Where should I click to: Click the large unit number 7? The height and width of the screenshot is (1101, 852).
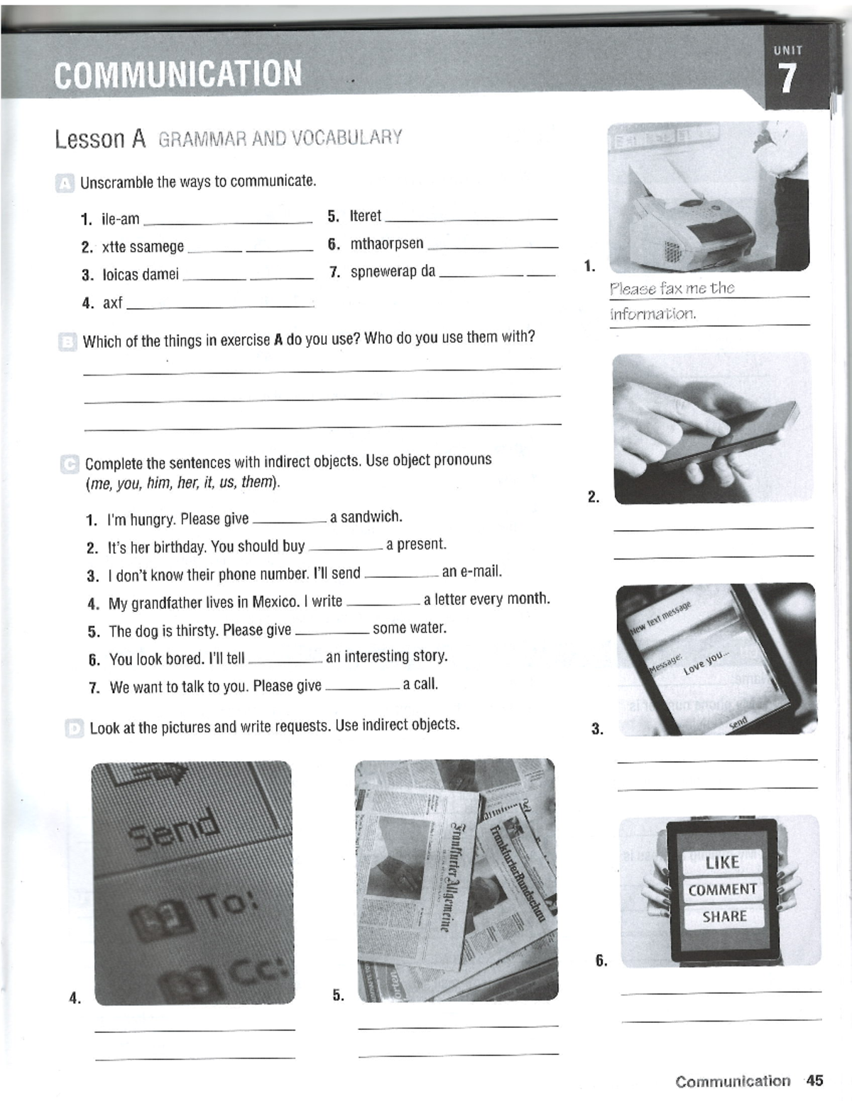(786, 78)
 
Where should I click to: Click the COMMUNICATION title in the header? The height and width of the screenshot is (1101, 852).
(177, 74)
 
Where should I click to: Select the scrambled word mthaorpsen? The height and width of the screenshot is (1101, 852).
(386, 243)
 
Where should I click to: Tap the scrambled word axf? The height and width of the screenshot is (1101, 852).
(112, 303)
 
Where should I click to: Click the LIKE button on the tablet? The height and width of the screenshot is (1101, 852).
(722, 862)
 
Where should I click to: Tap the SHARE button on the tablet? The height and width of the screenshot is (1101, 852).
(724, 916)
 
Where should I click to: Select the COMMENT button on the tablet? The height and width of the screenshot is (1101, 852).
(722, 889)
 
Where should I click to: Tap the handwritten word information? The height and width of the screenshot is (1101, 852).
(652, 314)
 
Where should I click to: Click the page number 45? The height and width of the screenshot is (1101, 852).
(814, 1080)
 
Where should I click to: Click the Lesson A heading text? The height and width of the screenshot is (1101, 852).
(100, 139)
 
